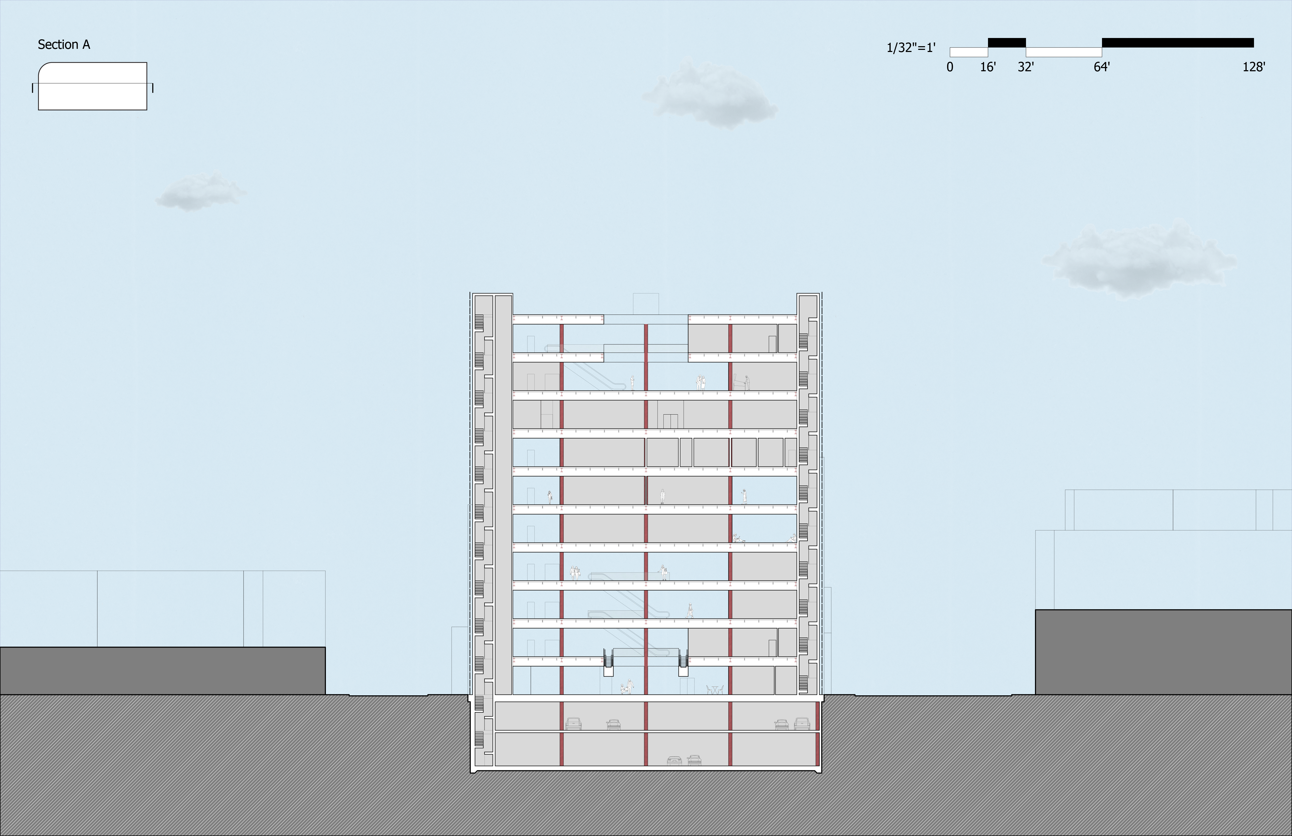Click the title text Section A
[x=64, y=45]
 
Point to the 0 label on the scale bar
[x=949, y=67]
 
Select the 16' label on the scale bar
[x=987, y=67]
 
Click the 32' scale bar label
[x=1025, y=67]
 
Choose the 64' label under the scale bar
[x=1101, y=67]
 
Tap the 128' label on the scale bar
[x=1253, y=67]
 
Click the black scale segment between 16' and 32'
[x=1006, y=42]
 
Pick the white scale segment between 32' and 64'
[x=1063, y=52]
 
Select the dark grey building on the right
[x=1163, y=652]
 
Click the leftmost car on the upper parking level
[x=573, y=724]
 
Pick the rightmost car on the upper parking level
[x=802, y=724]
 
